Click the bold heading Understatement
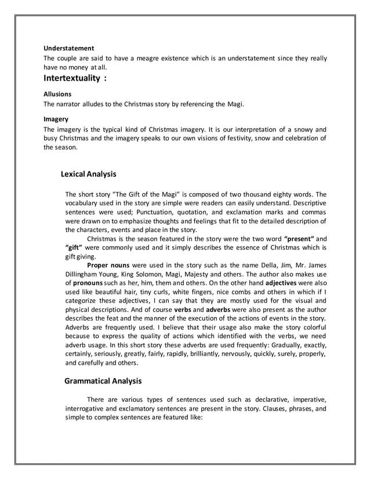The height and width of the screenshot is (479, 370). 69,48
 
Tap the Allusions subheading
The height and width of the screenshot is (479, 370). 58,93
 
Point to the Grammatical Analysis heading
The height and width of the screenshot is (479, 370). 103,381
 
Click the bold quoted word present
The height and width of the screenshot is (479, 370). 299,239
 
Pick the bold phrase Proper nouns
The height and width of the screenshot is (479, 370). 108,266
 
